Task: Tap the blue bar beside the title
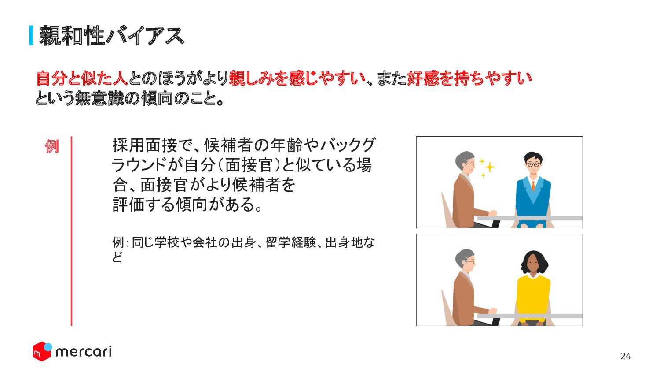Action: coord(31,36)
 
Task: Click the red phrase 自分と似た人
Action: coord(82,78)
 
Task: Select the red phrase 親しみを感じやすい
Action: coord(297,78)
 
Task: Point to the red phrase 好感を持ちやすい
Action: coord(469,78)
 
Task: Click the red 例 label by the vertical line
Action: coord(52,146)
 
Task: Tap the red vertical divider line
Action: coord(71,231)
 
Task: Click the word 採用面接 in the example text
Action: coord(145,145)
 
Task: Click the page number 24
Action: coord(626,356)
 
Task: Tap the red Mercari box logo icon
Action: coord(42,351)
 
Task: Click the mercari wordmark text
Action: coord(84,352)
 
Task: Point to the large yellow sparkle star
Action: coord(490,167)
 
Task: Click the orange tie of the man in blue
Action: coord(533,186)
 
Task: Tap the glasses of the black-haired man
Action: coord(533,164)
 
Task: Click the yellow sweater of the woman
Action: coord(533,298)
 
